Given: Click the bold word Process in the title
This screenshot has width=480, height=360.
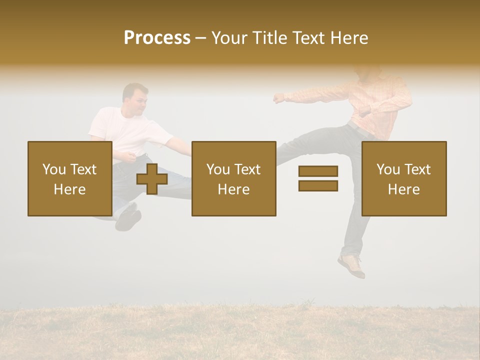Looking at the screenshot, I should [x=157, y=38].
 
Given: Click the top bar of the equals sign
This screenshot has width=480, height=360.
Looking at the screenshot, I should [x=318, y=171].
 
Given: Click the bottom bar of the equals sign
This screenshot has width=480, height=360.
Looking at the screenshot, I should [x=318, y=185].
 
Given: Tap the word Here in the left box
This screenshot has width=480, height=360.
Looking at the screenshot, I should [x=69, y=189].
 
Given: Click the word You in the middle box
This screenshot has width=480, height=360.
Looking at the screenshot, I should [x=218, y=169].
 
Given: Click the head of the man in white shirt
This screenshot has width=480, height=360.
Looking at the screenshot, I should [x=135, y=98].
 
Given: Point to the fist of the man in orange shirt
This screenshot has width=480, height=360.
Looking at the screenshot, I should [x=278, y=98].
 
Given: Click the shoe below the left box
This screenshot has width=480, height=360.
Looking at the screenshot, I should [x=128, y=220].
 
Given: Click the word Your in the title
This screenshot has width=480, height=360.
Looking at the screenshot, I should [x=228, y=38].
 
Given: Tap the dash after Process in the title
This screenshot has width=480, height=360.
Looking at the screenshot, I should [x=201, y=38].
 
